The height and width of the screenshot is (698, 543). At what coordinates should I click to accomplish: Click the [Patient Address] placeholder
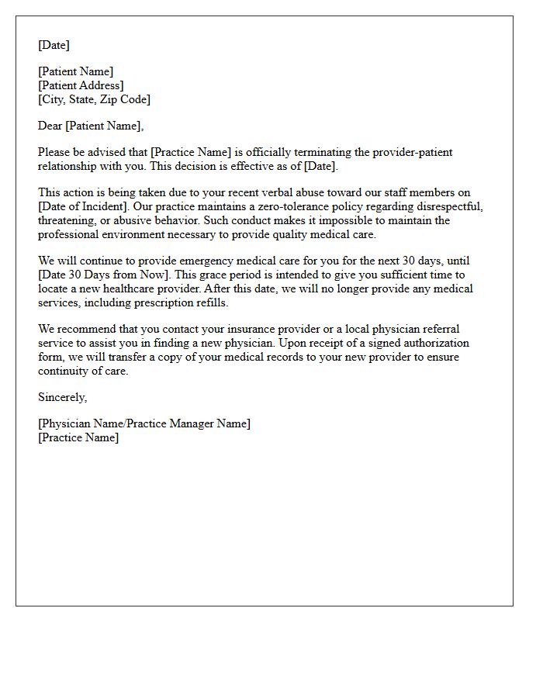point(81,85)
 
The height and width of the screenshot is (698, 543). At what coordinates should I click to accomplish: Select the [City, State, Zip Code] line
point(94,99)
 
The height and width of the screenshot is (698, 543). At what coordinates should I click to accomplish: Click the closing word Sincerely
point(62,397)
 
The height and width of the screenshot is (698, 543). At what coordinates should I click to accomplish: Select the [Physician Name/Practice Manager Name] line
point(144,423)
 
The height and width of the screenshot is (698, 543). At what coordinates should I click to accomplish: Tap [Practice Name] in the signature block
point(78,437)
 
